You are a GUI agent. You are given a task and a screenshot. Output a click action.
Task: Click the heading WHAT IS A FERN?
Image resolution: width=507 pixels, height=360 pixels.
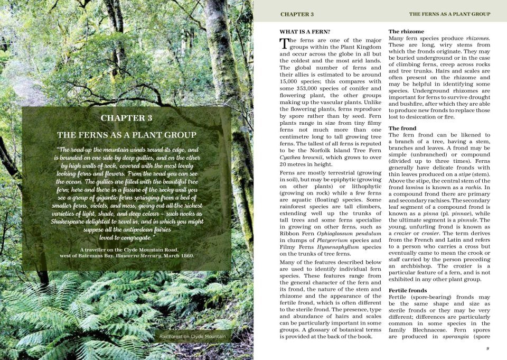(x=305, y=32)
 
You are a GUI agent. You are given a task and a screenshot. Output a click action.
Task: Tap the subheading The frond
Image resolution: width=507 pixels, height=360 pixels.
(x=402, y=128)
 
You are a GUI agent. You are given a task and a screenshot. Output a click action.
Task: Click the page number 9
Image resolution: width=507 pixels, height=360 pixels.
(x=487, y=348)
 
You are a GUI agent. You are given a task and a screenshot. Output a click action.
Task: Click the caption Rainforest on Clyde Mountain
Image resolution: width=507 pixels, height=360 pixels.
(x=192, y=336)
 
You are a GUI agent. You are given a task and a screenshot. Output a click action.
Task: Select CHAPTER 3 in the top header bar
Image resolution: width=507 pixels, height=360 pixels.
(x=297, y=14)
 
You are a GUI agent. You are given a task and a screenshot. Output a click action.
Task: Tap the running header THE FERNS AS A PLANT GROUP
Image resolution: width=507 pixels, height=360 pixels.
(x=449, y=14)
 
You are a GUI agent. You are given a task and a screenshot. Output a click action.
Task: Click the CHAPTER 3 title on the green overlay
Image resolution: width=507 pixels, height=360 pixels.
(x=126, y=117)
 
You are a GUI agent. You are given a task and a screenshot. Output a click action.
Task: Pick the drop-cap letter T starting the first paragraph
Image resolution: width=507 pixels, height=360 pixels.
(x=284, y=43)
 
